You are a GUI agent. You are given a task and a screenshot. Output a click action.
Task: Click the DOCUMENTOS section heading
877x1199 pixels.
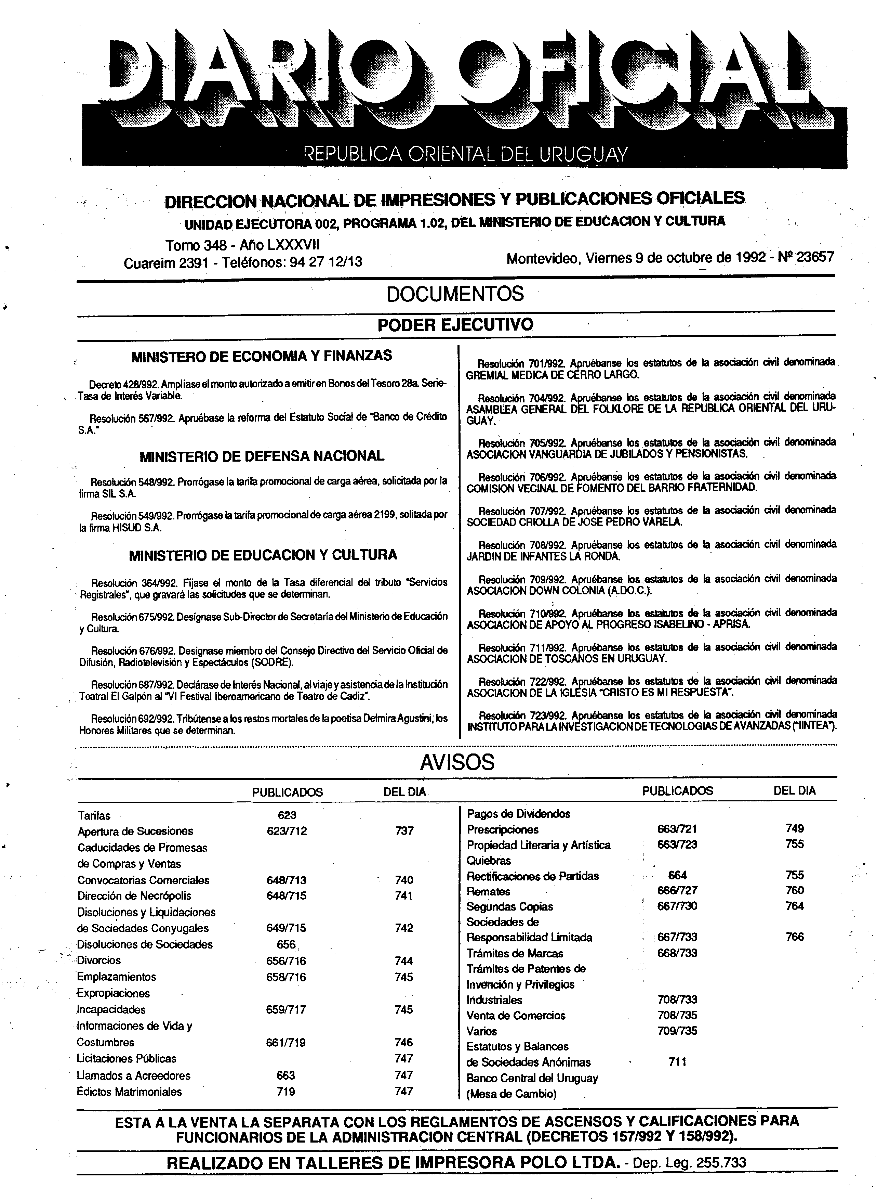(x=455, y=294)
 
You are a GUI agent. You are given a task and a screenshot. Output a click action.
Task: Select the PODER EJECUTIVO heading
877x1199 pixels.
(x=455, y=325)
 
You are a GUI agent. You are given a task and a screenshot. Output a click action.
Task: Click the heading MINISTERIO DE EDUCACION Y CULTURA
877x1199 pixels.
(x=263, y=555)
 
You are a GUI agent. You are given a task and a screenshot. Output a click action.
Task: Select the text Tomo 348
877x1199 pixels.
(x=193, y=245)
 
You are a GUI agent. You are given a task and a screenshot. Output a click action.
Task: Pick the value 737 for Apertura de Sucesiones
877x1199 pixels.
(x=404, y=831)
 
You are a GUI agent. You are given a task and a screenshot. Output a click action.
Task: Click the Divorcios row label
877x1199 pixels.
(x=99, y=961)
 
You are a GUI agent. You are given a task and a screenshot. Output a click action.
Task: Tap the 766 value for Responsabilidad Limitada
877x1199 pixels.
(x=794, y=937)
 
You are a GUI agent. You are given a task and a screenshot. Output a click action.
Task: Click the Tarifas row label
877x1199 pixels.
(x=94, y=815)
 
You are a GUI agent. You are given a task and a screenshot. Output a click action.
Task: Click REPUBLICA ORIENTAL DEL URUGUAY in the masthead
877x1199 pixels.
(x=465, y=154)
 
